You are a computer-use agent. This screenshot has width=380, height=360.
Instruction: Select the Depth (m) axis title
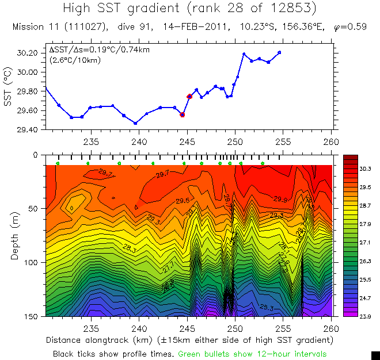tap(15, 235)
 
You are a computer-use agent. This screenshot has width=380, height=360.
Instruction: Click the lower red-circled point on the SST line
tap(183, 115)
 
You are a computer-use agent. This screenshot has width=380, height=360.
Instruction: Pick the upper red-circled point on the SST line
tap(189, 96)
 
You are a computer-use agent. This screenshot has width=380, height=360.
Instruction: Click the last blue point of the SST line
tap(279, 52)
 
